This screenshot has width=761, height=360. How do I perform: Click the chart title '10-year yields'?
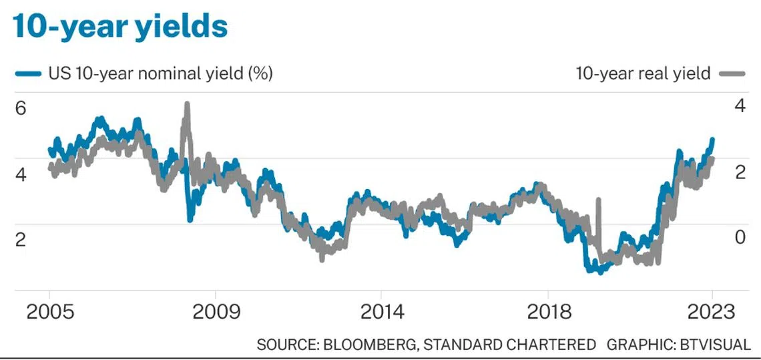coord(120,26)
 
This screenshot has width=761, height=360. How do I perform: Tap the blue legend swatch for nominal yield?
coord(29,74)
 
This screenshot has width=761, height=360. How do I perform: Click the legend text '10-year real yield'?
coord(643,73)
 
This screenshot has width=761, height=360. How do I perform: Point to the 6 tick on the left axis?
coord(20,108)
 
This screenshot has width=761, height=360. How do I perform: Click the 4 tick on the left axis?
coord(20,174)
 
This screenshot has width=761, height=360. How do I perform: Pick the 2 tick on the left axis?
coord(20,240)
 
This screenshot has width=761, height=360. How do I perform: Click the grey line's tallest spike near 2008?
coord(187,104)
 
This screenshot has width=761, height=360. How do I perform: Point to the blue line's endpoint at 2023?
coord(712,140)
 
